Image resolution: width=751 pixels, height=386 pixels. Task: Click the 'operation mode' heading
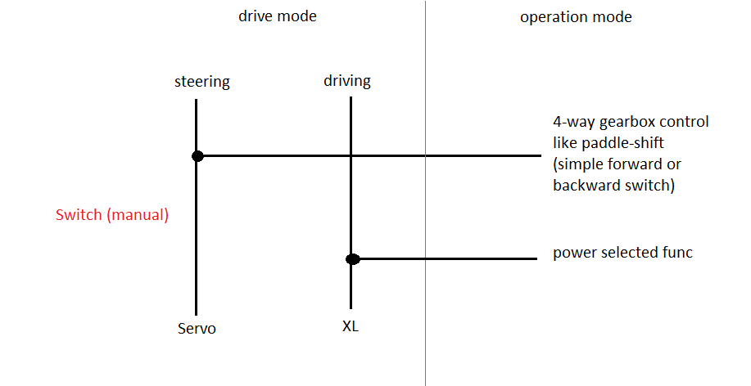point(576,16)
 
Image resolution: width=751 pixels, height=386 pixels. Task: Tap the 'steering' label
point(201,82)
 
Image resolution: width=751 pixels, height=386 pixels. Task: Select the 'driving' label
point(347,81)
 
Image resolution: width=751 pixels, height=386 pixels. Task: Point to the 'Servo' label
point(197,329)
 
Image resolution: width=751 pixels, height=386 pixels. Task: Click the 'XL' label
point(351,327)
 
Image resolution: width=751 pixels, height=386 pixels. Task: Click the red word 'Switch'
point(79,216)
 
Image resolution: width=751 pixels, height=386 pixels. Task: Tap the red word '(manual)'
point(138,216)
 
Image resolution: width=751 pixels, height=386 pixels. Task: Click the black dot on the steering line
point(197,155)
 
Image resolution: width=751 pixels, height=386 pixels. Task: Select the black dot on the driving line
point(352,259)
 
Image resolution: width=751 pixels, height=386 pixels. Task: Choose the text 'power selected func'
point(622,253)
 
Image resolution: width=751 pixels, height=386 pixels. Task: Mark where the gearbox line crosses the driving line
point(351,155)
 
